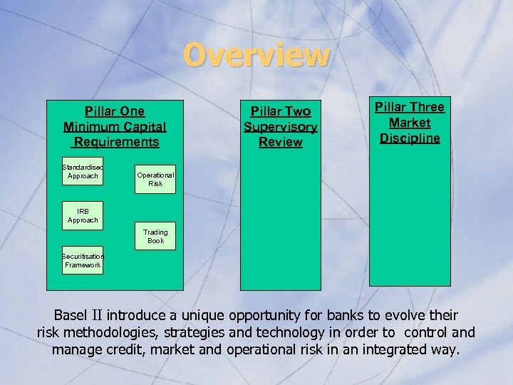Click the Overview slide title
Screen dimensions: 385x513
point(256,55)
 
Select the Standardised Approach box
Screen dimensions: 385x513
point(83,171)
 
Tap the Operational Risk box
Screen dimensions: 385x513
point(155,179)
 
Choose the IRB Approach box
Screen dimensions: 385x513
point(83,216)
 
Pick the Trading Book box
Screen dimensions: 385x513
point(155,237)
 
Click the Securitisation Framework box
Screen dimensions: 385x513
point(83,260)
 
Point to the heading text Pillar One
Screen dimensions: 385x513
point(114,111)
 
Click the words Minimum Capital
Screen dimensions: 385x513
point(114,127)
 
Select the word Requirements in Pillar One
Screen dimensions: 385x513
point(115,142)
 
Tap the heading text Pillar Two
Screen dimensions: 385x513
point(280,111)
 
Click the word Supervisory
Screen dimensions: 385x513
point(280,127)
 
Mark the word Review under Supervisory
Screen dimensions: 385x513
point(280,142)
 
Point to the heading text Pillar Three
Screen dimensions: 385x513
point(410,107)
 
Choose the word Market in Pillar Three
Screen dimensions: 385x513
point(410,123)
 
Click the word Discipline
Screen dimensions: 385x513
point(410,138)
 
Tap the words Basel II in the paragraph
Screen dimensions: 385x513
point(79,315)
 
